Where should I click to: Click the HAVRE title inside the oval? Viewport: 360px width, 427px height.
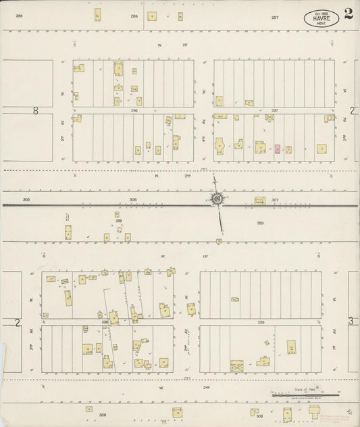322,19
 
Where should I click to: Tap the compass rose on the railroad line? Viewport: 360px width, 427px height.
217,199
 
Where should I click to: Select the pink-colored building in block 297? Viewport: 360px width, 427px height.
277,148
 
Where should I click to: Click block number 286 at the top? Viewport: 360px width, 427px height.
134,16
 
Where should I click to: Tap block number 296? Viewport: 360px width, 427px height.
134,110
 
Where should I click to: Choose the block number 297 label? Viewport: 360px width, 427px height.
274,110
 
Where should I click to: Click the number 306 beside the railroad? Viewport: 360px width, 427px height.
133,199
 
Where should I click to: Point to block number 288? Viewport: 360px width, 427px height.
118,221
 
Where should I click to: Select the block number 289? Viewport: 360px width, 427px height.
260,222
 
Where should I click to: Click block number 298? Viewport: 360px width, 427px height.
105,323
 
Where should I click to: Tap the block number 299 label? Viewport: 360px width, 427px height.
260,323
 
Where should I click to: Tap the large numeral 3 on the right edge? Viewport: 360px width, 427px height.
351,322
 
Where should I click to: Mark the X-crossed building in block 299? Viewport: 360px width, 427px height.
237,366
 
